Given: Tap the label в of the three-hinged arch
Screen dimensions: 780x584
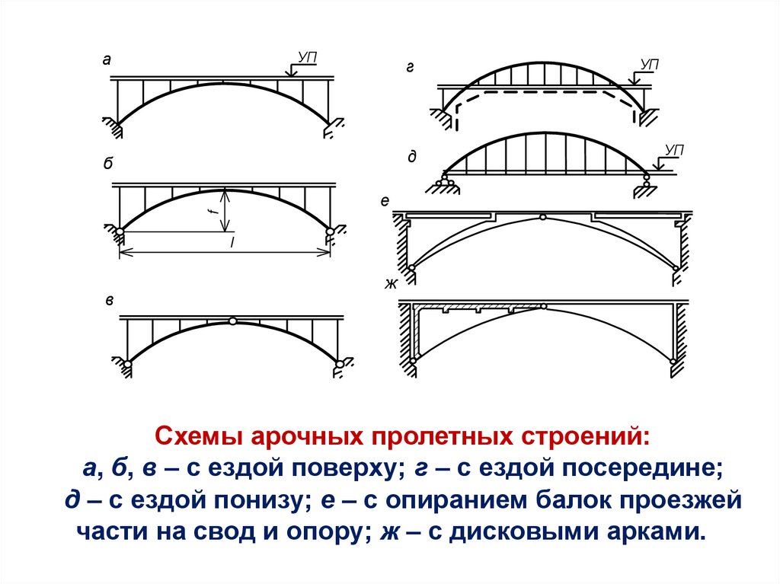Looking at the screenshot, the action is coord(110,301).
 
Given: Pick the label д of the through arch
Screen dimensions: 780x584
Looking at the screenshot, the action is coord(411,156).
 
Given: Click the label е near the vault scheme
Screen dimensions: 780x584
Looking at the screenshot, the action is coord(385,202).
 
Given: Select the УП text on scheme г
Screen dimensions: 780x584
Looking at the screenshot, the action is coord(649,64).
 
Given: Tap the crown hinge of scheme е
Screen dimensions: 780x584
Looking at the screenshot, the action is coord(542,217).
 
